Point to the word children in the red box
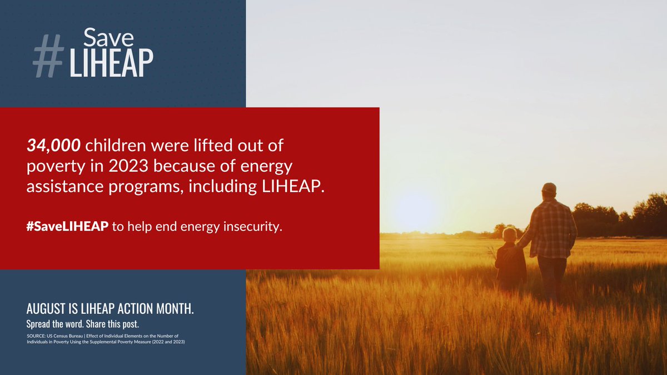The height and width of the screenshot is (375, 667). (112, 146)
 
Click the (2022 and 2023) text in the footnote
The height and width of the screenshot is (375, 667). (165, 342)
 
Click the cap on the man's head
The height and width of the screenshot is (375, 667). (549, 188)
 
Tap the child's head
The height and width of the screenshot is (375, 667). (509, 234)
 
